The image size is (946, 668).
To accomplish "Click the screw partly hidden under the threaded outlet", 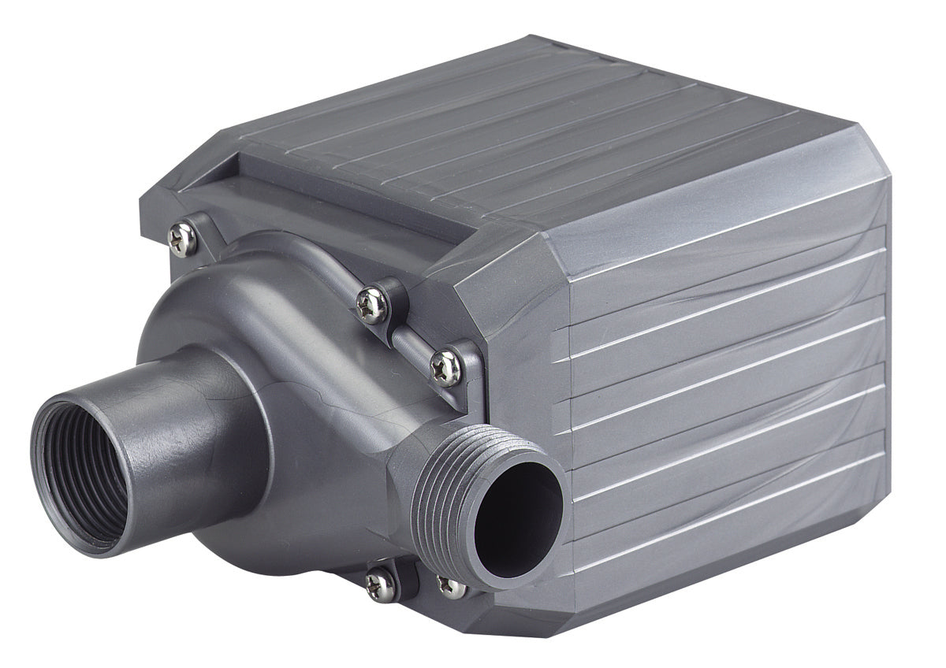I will click(452, 587).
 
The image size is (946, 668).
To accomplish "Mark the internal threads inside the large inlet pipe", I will click(59, 449).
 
